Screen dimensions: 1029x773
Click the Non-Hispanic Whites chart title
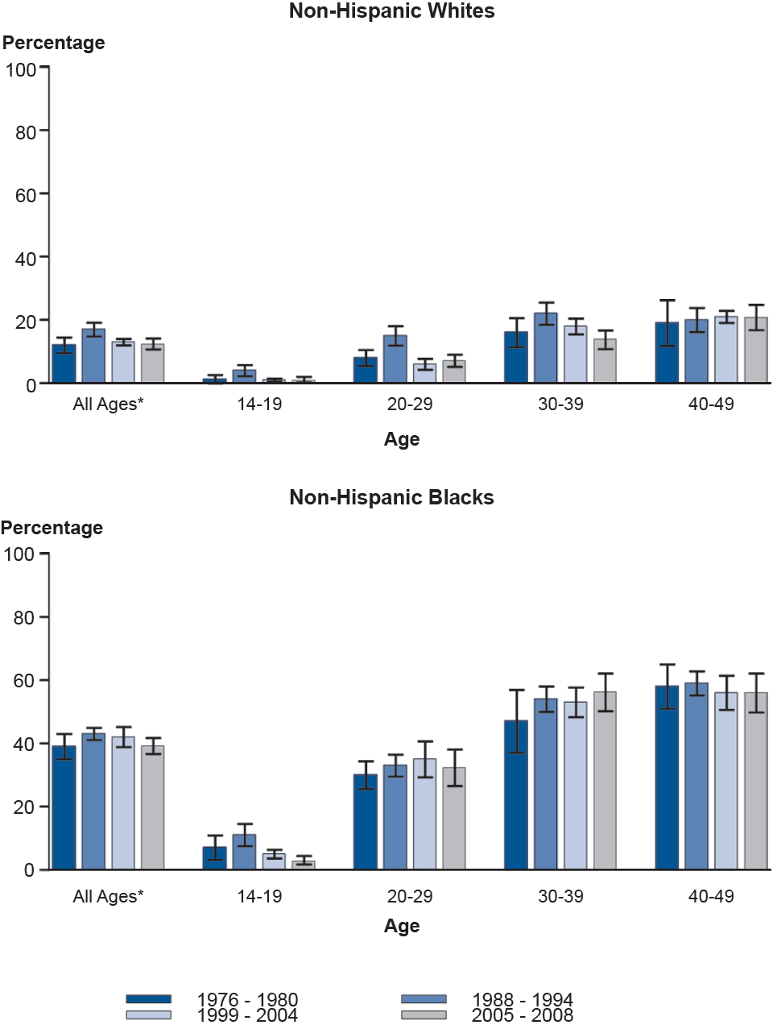click(x=391, y=11)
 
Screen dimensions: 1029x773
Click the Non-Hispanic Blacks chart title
click(x=391, y=497)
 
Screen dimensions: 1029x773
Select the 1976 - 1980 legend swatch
click(x=148, y=999)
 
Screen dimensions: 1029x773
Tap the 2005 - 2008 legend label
click(x=522, y=1015)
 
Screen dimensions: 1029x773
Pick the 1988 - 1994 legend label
click(x=522, y=1000)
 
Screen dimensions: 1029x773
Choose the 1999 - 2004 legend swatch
click(x=148, y=1015)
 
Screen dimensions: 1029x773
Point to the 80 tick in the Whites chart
click(x=26, y=132)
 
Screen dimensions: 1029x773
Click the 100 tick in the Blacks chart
click(x=19, y=554)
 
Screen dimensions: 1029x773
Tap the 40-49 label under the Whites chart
click(x=711, y=404)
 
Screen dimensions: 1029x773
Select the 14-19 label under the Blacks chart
click(x=259, y=896)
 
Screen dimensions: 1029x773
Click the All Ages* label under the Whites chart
click(x=108, y=404)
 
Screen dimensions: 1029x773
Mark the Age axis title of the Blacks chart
click(x=402, y=926)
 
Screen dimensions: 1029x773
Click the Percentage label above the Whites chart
click(x=54, y=43)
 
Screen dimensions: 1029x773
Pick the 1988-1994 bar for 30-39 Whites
click(x=546, y=348)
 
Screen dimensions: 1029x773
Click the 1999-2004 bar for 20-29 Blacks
click(x=424, y=814)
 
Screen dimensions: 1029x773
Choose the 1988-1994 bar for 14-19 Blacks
click(x=244, y=852)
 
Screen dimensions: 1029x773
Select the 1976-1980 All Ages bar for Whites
click(x=64, y=363)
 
